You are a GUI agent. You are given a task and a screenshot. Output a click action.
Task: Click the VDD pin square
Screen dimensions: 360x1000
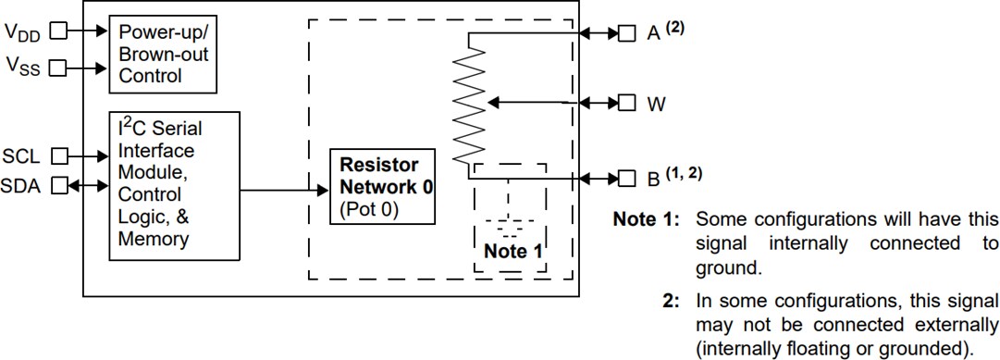(x=57, y=31)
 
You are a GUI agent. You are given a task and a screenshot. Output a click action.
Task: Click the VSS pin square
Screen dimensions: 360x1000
(x=57, y=68)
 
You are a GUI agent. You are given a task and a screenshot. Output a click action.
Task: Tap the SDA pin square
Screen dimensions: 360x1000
(x=59, y=185)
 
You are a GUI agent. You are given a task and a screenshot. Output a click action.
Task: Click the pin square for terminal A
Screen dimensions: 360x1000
(x=626, y=33)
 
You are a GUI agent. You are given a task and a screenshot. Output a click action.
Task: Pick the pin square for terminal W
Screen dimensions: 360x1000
(x=626, y=102)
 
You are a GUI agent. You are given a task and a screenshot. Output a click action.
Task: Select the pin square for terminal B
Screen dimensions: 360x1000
(x=626, y=177)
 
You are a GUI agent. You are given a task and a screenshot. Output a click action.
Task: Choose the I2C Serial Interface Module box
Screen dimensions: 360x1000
(x=174, y=186)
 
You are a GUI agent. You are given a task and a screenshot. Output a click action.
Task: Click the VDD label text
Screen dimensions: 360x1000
(x=23, y=31)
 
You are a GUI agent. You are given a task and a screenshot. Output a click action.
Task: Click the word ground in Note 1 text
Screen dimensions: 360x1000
(x=722, y=268)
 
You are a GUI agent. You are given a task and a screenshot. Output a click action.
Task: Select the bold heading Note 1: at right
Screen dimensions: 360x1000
(x=648, y=220)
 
